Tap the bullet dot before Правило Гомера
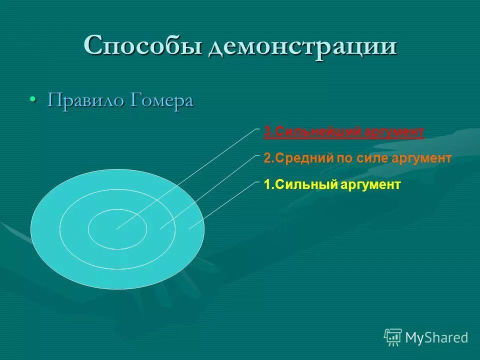click(x=32, y=99)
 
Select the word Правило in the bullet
click(x=86, y=100)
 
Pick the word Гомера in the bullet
click(x=162, y=100)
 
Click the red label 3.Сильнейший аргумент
click(x=343, y=132)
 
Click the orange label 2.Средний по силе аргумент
click(x=357, y=158)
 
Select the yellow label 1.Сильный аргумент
click(x=332, y=185)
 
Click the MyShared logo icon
click(x=393, y=337)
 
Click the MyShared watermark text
click(x=436, y=337)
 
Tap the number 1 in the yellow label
click(x=266, y=185)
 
